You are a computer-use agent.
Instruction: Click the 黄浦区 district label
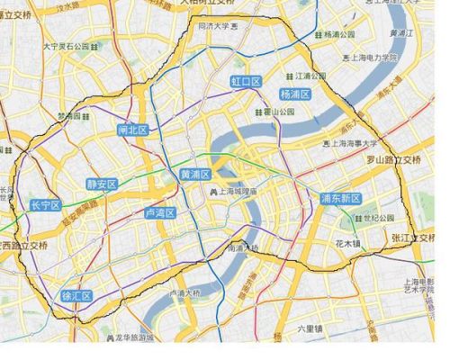coord(195,174)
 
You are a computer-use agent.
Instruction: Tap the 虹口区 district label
coord(245,82)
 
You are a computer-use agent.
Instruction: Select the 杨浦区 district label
coord(294,94)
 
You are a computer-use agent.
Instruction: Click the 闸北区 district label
coord(131,130)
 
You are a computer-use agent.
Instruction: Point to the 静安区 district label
coord(102,184)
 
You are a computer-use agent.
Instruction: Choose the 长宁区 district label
coord(44,205)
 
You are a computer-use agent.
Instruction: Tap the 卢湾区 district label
coord(158,213)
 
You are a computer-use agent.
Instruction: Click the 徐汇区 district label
coord(76,296)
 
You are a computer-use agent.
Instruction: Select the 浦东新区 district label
coord(340,198)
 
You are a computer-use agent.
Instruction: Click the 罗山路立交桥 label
coord(393,160)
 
